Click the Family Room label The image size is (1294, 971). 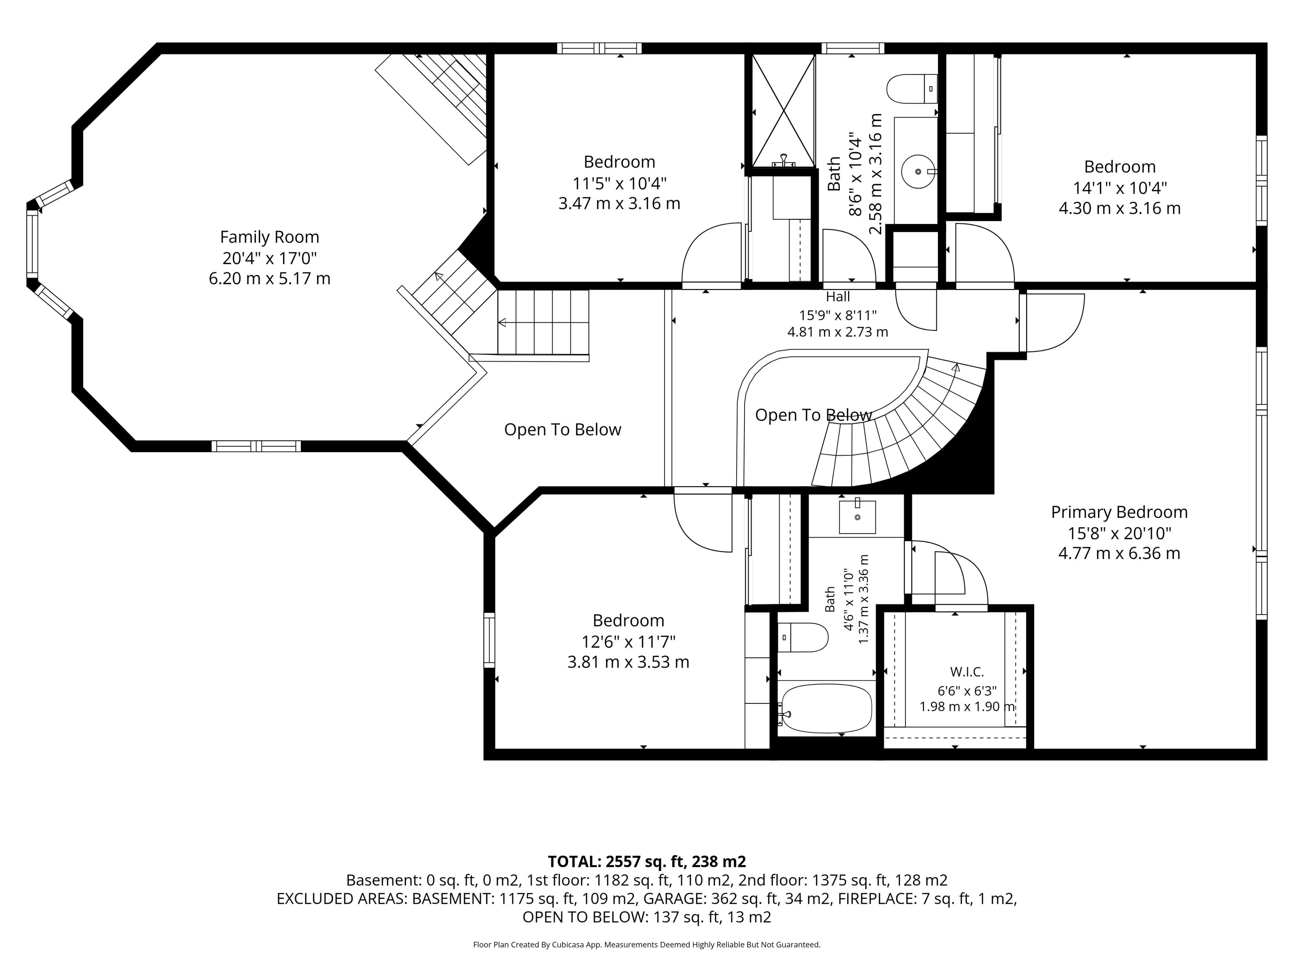pos(270,237)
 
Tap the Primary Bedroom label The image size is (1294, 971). pos(1119,512)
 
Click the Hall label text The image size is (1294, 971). pos(838,297)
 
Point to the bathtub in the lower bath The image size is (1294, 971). pos(827,708)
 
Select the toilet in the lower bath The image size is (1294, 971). pos(803,637)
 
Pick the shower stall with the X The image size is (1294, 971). pos(783,111)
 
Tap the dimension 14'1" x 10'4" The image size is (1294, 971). pos(1120,188)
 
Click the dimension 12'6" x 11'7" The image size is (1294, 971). pos(628,642)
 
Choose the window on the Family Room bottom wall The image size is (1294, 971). pos(256,446)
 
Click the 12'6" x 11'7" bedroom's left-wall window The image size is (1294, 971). pos(489,640)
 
